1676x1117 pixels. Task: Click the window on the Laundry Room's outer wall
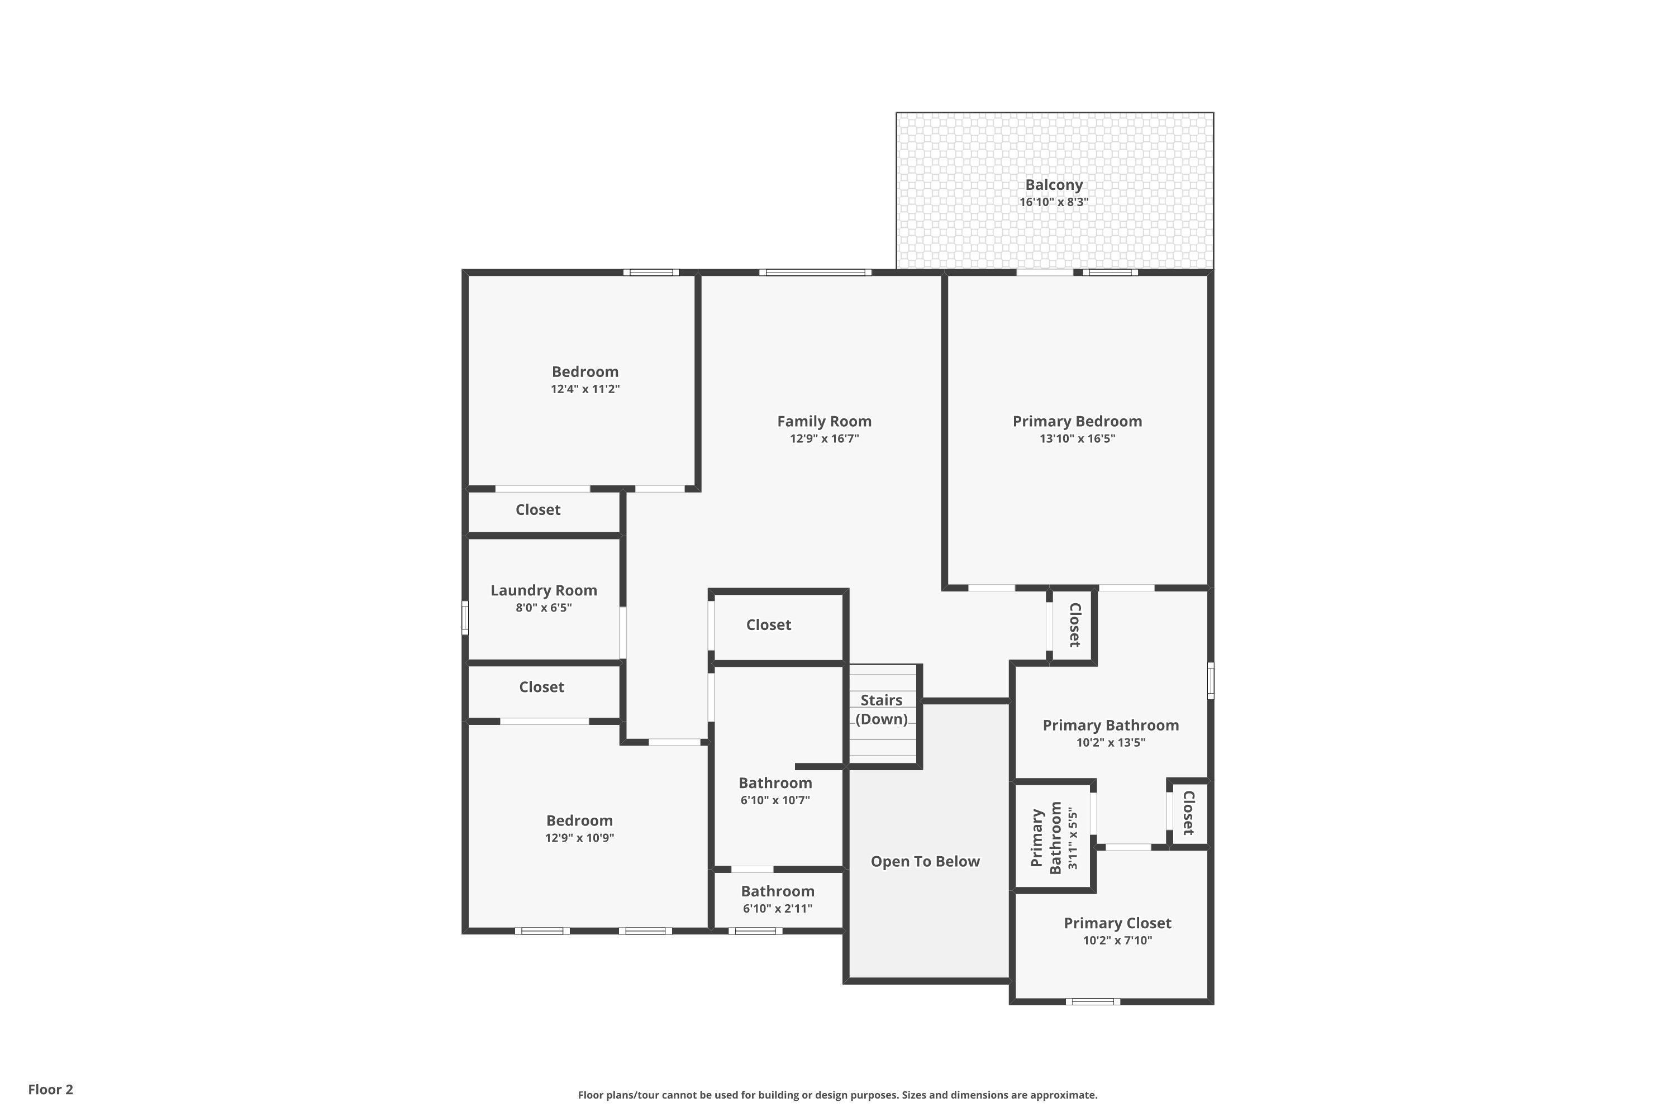coord(465,618)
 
